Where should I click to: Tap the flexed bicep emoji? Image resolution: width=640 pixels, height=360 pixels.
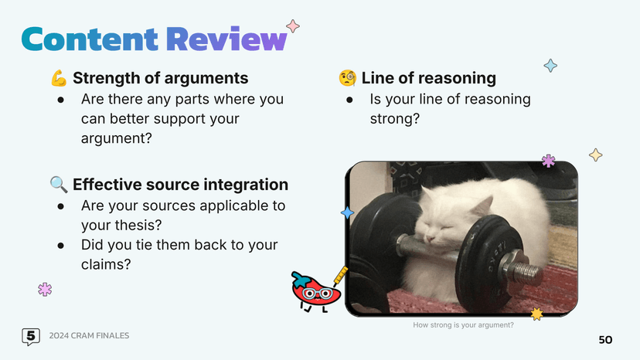tap(59, 79)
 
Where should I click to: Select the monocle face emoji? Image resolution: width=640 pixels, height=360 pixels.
tap(347, 79)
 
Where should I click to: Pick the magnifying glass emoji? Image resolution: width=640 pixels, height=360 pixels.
tap(59, 185)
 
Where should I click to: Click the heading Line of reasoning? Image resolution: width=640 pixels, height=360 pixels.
tap(428, 79)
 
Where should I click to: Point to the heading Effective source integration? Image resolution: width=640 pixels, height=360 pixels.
tap(180, 185)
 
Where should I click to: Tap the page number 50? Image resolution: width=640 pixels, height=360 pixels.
tap(605, 341)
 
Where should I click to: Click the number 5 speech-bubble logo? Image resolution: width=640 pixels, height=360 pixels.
tap(31, 336)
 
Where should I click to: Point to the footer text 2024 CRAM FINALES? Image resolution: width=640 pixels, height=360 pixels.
tap(89, 336)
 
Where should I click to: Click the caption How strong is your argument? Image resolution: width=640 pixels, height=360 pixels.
tap(463, 325)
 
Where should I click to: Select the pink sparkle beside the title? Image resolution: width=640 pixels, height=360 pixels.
tap(293, 25)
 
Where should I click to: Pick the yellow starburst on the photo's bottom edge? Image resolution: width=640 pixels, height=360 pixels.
tap(536, 314)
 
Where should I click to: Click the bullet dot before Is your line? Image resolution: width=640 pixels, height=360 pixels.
tap(350, 100)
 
